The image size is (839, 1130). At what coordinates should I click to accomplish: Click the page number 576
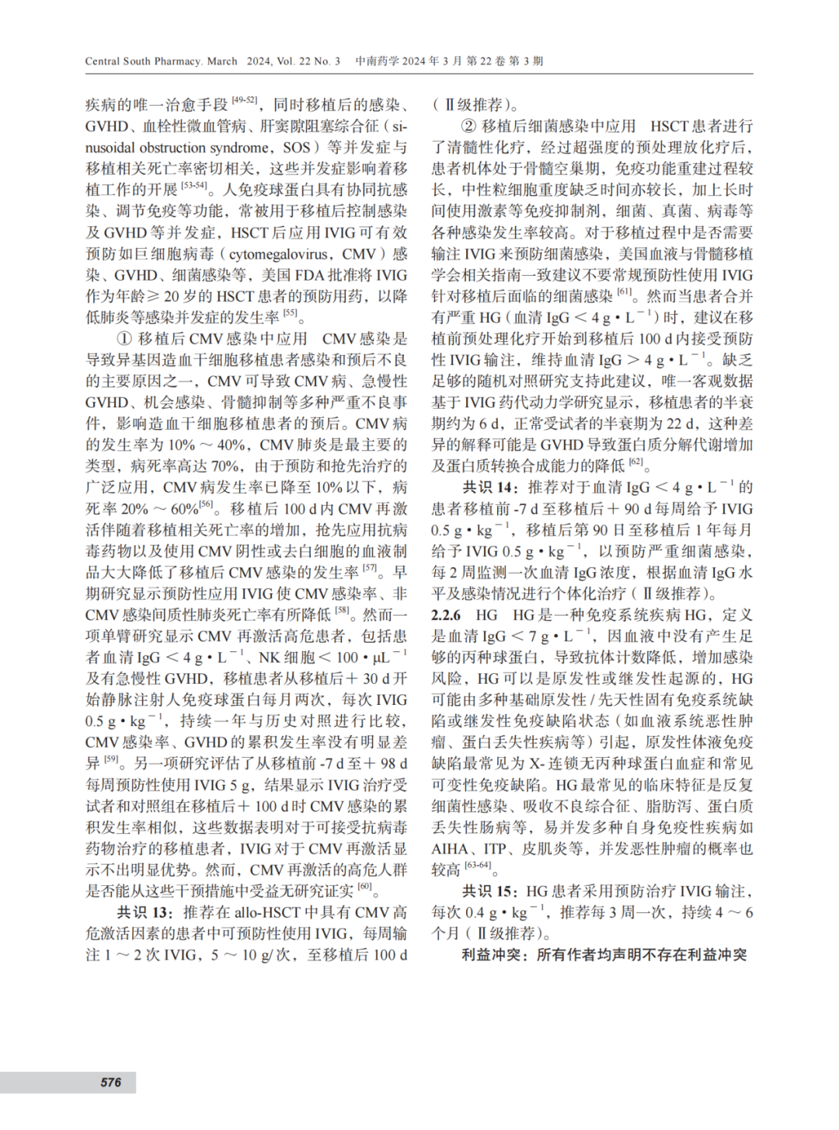pos(110,1082)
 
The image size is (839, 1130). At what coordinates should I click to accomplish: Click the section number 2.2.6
pos(446,615)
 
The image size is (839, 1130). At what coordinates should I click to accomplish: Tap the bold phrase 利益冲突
pos(493,954)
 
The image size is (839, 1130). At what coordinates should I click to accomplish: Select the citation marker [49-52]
pos(245,100)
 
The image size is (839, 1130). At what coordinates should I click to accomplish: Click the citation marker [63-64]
pos(477,865)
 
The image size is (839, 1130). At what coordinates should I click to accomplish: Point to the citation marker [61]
pos(625,292)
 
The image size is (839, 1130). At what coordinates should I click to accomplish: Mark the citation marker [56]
pos(206,504)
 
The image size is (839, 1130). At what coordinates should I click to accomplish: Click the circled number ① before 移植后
pos(124,339)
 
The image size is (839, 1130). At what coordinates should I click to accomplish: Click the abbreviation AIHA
pos(450,849)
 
